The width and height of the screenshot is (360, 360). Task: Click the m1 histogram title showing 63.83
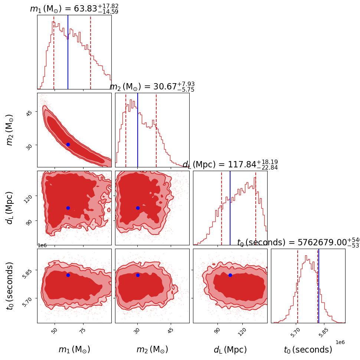(x=74, y=9)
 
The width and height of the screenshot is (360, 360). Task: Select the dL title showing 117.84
(x=230, y=165)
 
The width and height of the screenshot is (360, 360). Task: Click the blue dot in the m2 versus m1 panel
(x=68, y=144)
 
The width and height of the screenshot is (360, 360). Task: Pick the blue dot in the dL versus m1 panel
(x=68, y=208)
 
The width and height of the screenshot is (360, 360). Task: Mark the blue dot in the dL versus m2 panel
(x=138, y=208)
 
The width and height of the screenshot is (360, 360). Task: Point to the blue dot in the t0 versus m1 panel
(x=68, y=275)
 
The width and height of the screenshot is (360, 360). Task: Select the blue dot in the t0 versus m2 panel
(x=138, y=275)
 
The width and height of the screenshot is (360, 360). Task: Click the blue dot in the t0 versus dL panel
(x=230, y=275)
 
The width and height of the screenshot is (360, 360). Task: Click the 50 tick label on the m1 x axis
(x=54, y=330)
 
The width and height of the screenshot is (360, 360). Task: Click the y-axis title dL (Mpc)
(x=10, y=208)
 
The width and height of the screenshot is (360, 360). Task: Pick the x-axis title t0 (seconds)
(x=308, y=350)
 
